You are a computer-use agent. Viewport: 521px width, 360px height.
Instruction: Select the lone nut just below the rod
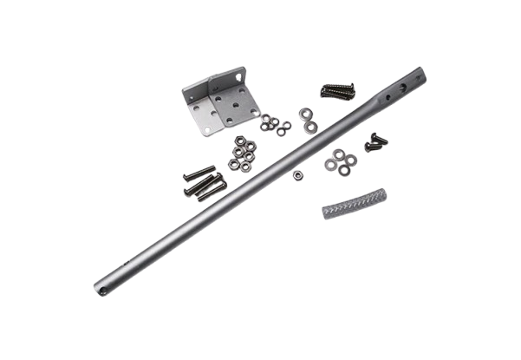click(x=298, y=174)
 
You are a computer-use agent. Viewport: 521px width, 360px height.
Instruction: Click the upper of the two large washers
click(x=306, y=112)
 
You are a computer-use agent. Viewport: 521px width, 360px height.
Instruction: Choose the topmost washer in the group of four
click(x=335, y=153)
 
